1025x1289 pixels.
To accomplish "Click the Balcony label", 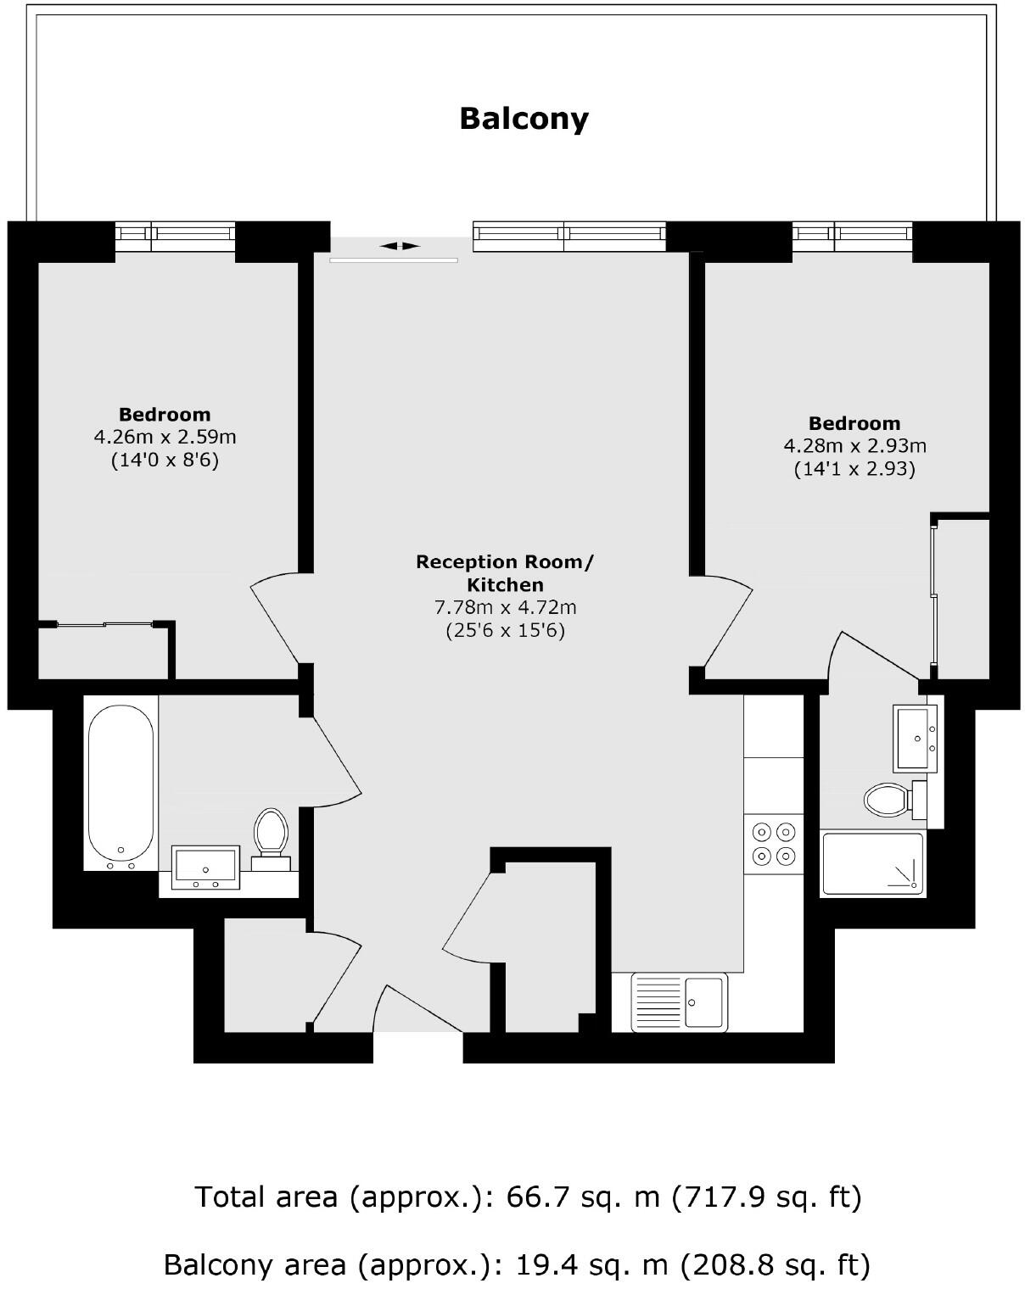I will coord(524,118).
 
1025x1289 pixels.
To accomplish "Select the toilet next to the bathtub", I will coord(272,834).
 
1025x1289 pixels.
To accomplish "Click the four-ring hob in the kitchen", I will coord(774,844).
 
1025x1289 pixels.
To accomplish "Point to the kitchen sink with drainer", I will coord(679,1002).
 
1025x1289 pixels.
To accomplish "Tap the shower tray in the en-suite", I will coord(872,862).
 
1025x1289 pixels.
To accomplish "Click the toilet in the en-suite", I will coord(888,798).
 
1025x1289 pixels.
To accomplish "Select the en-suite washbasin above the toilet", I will coord(916,737).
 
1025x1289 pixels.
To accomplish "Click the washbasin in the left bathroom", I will coord(206,867).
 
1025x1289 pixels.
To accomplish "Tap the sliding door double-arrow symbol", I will coord(399,246).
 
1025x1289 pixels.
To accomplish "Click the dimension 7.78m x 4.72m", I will coord(505,607).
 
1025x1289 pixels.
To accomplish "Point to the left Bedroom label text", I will coord(165,415).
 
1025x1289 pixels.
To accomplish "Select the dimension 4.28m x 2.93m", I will coord(854,445).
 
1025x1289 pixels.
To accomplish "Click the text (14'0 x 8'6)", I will coord(165,460).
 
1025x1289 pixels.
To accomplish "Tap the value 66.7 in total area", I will coord(533,1197).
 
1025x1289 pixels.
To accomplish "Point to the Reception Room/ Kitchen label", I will coord(505,572).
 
